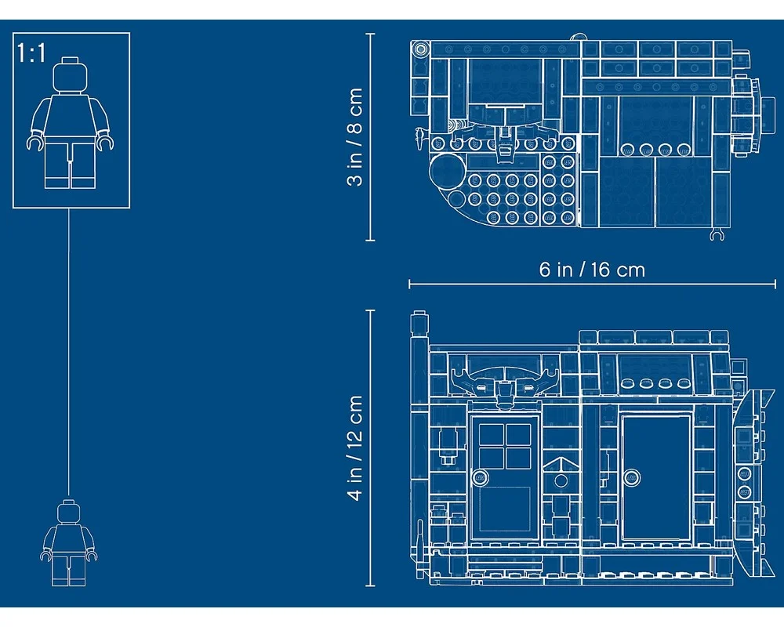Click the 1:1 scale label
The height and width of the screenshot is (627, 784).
[x=31, y=53]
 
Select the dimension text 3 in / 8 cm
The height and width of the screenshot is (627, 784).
[x=354, y=136]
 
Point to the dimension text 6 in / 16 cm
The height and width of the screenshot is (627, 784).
[x=592, y=270]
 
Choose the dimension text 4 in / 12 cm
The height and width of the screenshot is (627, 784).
[x=354, y=448]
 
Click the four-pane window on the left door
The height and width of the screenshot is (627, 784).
[x=505, y=446]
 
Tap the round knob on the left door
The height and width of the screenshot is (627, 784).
[x=481, y=477]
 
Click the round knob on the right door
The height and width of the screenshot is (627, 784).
[x=631, y=477]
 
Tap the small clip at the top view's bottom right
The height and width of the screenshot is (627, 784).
[x=717, y=234]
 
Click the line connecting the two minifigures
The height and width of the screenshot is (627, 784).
[x=69, y=352]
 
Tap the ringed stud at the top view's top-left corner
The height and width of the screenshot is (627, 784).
[x=420, y=49]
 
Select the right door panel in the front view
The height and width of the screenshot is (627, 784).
[x=656, y=477]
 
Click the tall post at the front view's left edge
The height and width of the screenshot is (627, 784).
[x=419, y=445]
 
